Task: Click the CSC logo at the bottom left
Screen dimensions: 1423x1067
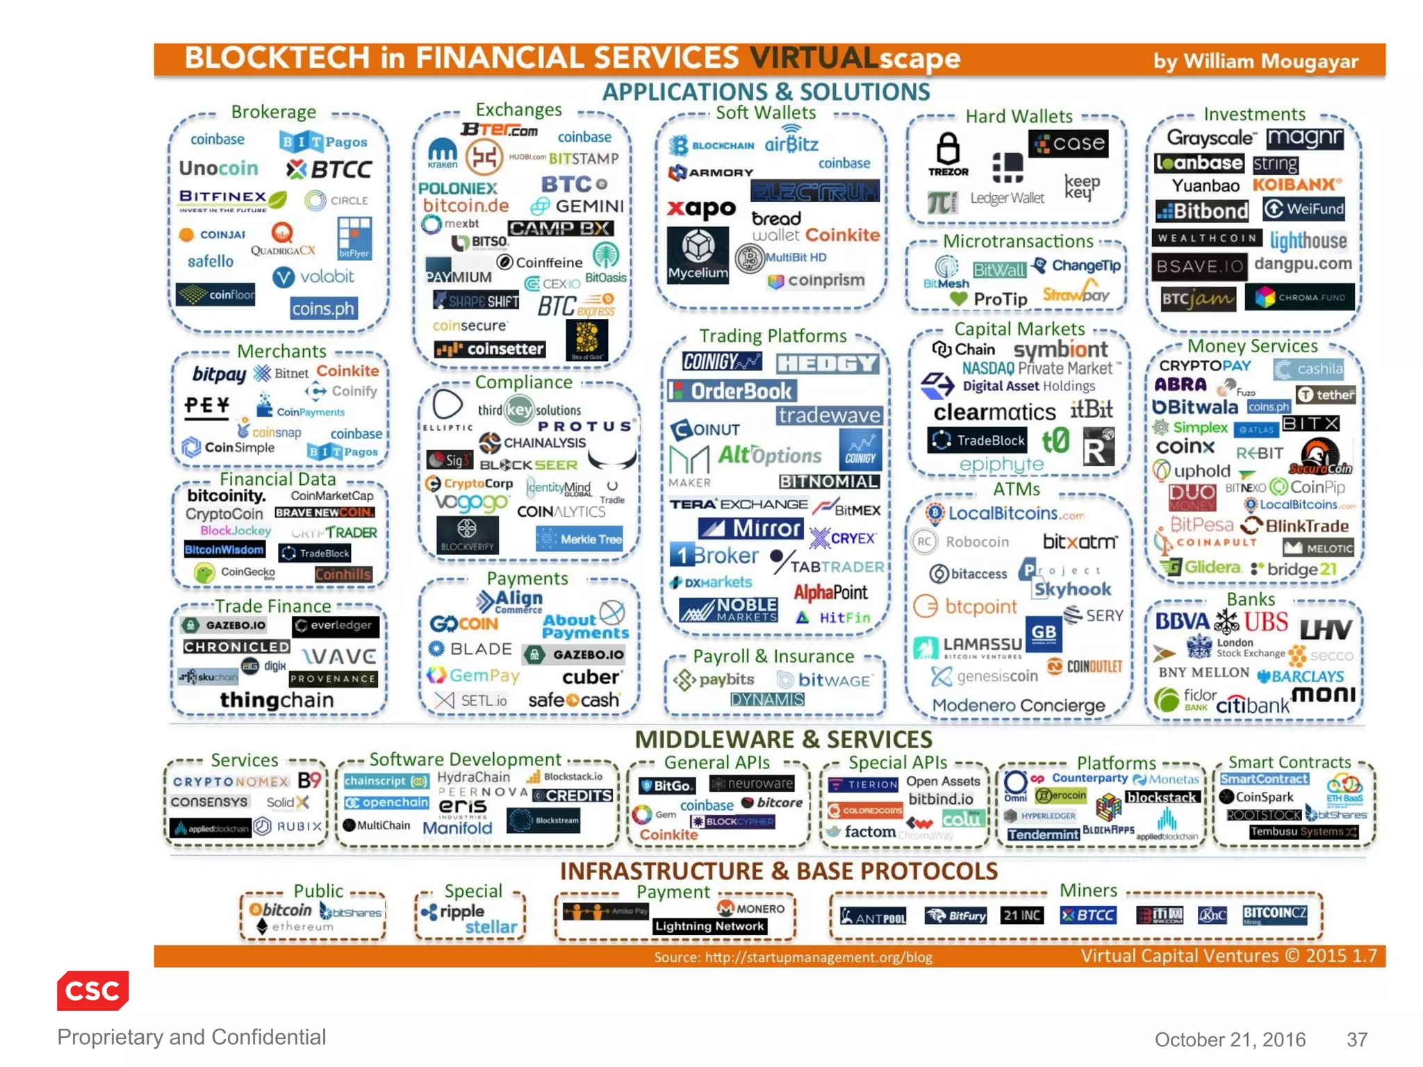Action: click(x=92, y=990)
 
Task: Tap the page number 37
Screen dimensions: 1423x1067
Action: click(x=1356, y=1039)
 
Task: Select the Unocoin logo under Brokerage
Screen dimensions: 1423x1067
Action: click(x=218, y=169)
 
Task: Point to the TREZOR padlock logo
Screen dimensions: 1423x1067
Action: click(x=948, y=154)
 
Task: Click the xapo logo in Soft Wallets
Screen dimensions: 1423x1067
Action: click(x=701, y=208)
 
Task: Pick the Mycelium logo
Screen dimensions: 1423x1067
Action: click(x=698, y=254)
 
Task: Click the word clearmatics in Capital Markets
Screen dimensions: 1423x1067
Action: click(x=994, y=412)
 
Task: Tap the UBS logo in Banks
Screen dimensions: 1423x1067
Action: click(x=1266, y=622)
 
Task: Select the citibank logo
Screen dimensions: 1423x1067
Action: click(x=1252, y=706)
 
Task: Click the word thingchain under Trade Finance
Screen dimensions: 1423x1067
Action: click(x=277, y=700)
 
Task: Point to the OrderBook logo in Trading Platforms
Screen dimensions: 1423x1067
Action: click(x=732, y=392)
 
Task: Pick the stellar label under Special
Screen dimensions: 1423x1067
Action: click(x=491, y=927)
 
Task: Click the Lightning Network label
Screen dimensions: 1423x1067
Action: click(x=709, y=926)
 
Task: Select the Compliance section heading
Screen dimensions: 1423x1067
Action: click(x=523, y=382)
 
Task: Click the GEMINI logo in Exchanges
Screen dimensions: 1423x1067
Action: click(x=578, y=206)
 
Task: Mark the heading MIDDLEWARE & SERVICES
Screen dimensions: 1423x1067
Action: click(x=783, y=739)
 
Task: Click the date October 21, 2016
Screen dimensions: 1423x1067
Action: click(x=1230, y=1039)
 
